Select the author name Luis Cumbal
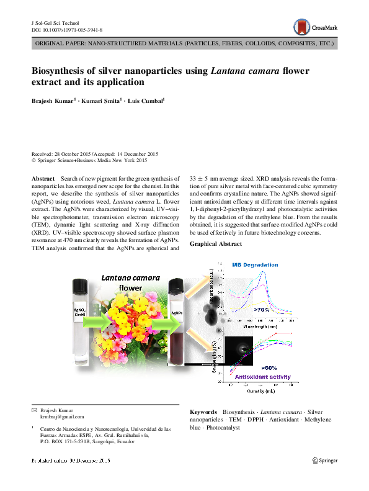coord(146,101)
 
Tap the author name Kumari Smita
coord(99,101)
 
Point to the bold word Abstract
coord(42,178)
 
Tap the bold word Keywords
coord(203,412)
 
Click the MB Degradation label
coord(255,265)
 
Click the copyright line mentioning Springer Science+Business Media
coord(89,160)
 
